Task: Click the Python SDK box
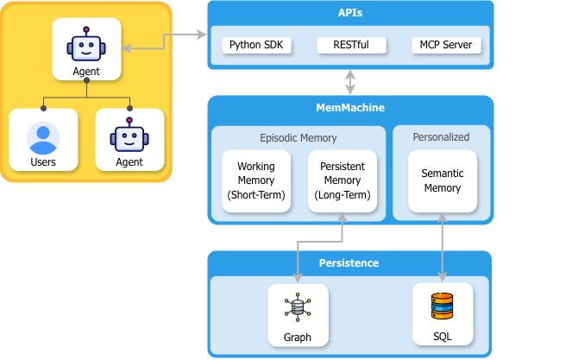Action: [255, 45]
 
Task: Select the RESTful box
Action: [350, 45]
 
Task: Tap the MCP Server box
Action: [446, 45]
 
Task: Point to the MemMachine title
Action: [350, 108]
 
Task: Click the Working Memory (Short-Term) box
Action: [255, 181]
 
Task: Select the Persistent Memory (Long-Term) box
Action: [343, 181]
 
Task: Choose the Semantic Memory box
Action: [442, 180]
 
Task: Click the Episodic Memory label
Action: [299, 137]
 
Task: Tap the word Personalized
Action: [442, 136]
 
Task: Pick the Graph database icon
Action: [297, 306]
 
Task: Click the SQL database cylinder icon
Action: [442, 306]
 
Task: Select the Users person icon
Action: [43, 136]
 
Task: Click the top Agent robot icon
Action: [86, 43]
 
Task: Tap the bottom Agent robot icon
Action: [129, 136]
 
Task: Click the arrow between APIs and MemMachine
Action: [350, 82]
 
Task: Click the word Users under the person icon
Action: [43, 161]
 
